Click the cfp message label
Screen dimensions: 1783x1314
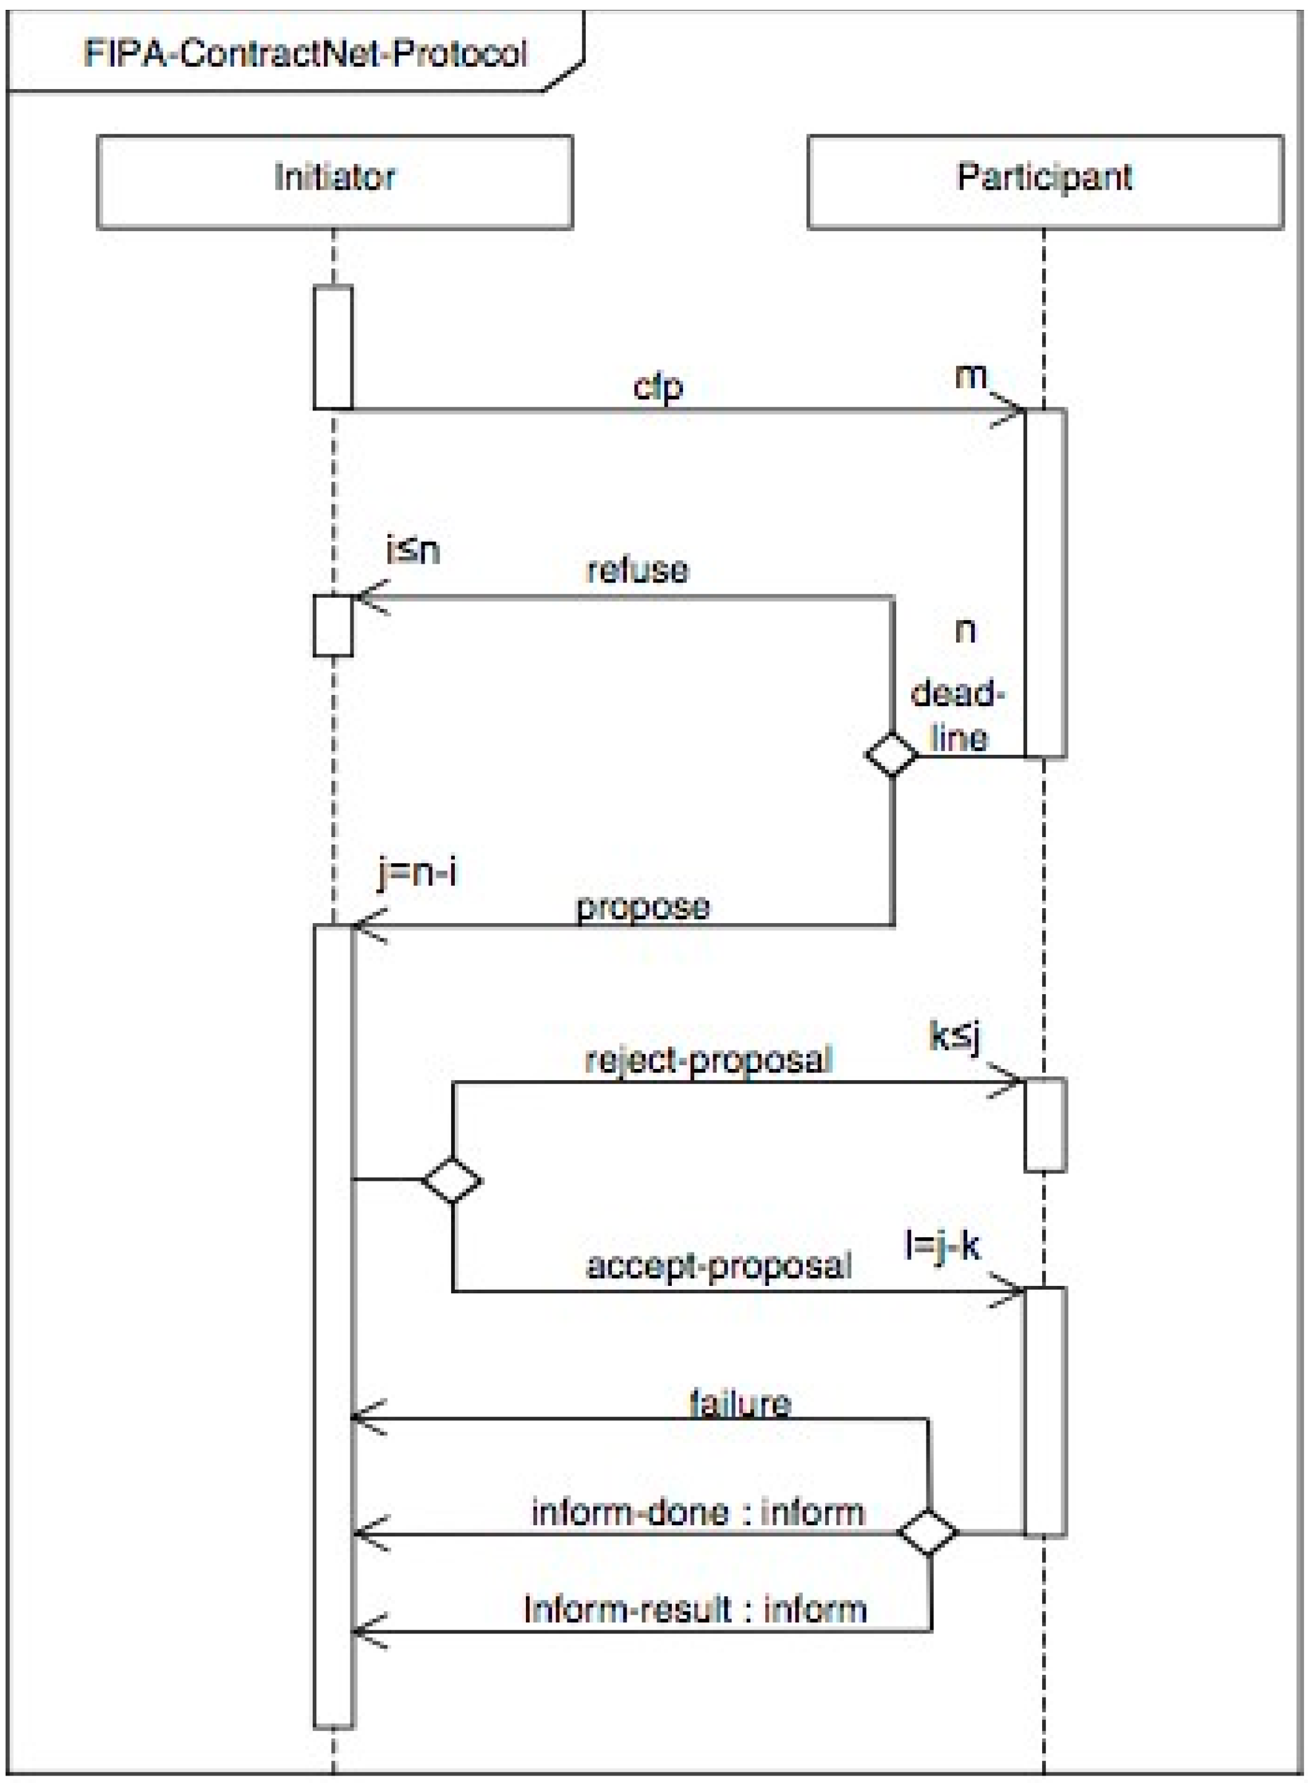click(658, 388)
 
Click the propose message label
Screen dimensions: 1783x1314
click(643, 907)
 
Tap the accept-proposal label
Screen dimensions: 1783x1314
click(718, 1265)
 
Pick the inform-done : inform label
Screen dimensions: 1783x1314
click(698, 1512)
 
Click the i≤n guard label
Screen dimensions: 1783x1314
click(413, 551)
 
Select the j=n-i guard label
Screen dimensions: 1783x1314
click(418, 873)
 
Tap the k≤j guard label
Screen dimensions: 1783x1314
click(954, 1037)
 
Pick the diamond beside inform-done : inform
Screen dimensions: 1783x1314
click(928, 1531)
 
